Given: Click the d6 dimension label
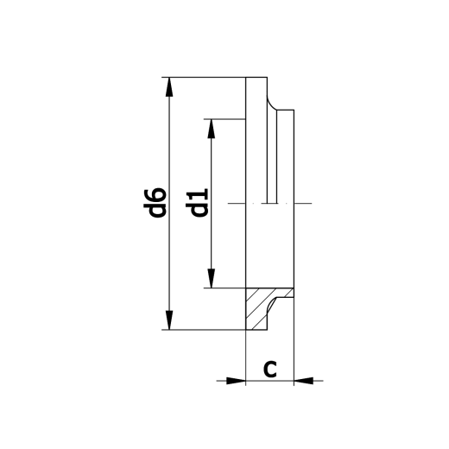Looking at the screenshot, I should [155, 203].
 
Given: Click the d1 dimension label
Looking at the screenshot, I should [199, 203].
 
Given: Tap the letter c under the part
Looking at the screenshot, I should [269, 369].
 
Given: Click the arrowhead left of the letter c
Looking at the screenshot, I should [238, 379].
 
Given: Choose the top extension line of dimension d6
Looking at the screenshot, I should [207, 77].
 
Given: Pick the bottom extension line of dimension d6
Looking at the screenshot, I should [207, 330].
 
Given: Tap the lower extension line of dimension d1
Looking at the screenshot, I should [229, 288].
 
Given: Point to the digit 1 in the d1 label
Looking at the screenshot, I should [199, 194].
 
